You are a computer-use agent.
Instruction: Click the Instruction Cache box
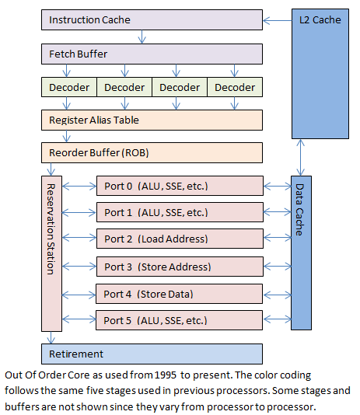pyautogui.click(x=152, y=19)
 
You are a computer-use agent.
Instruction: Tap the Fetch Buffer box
pyautogui.click(x=152, y=54)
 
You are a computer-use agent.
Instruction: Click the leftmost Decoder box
pyautogui.click(x=68, y=87)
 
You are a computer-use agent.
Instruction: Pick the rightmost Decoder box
pyautogui.click(x=235, y=87)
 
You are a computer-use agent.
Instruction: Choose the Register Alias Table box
pyautogui.click(x=152, y=120)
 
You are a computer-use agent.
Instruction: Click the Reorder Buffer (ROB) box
pyautogui.click(x=152, y=152)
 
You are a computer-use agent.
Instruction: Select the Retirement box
pyautogui.click(x=152, y=354)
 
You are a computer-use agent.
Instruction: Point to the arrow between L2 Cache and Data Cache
pyautogui.click(x=301, y=156)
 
